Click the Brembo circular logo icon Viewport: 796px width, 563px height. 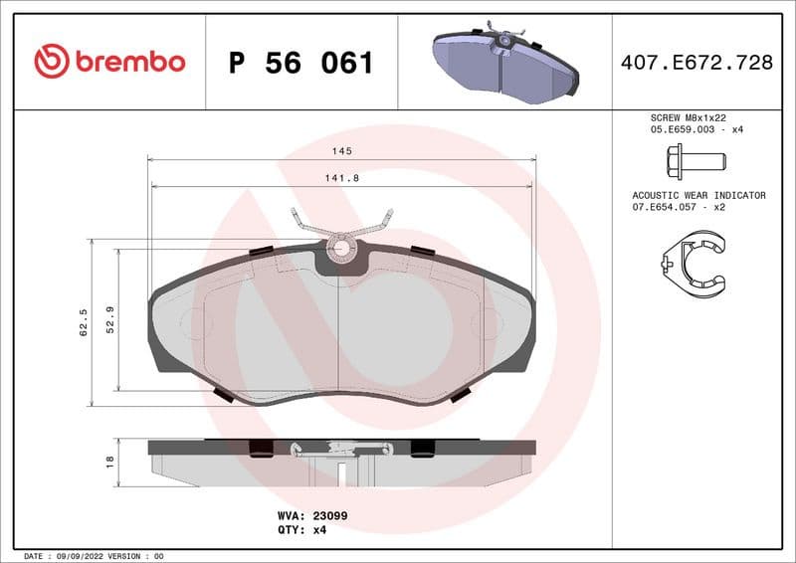(51, 62)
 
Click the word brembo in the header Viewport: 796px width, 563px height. (128, 62)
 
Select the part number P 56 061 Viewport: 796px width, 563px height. (300, 63)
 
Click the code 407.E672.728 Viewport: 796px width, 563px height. (696, 63)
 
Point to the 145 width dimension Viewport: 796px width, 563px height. (342, 150)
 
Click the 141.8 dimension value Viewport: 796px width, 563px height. (342, 177)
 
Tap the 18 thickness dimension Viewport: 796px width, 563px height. (109, 461)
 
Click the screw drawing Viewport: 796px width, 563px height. (695, 160)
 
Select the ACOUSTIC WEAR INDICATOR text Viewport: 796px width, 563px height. (698, 196)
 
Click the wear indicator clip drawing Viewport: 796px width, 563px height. (695, 261)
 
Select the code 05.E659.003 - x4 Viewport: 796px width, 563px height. (696, 129)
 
